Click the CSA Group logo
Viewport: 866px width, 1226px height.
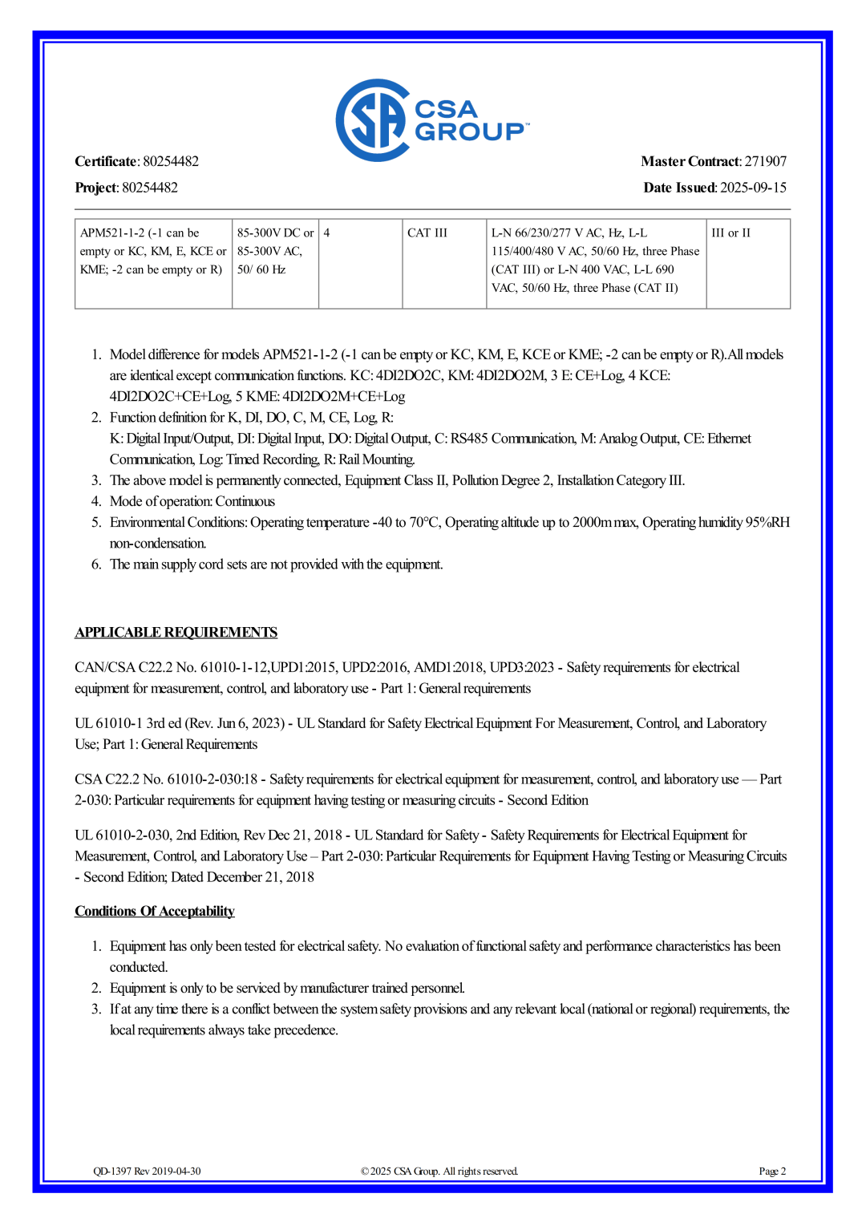[x=431, y=120]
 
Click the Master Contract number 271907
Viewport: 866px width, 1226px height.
[x=765, y=161]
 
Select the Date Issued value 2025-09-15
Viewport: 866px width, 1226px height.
[x=753, y=188]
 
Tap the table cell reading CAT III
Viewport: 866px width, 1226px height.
[x=427, y=233]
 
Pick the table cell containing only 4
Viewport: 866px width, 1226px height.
[x=327, y=233]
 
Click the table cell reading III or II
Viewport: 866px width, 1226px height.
[x=730, y=233]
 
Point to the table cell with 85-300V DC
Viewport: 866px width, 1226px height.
[x=275, y=251]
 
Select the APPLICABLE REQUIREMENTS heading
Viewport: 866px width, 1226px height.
[x=176, y=633]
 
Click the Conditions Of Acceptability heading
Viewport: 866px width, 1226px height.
[x=155, y=912]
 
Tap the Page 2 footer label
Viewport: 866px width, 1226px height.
[x=772, y=1171]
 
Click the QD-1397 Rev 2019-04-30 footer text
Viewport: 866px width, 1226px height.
[x=147, y=1171]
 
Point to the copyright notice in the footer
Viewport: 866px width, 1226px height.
[x=439, y=1171]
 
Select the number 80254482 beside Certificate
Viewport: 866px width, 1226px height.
[x=171, y=161]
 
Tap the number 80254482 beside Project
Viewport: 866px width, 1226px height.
[x=150, y=188]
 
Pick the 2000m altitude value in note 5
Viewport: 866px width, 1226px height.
[x=592, y=523]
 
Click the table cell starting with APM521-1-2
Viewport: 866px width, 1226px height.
[x=152, y=251]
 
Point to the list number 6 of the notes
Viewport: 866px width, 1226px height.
[x=96, y=564]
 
